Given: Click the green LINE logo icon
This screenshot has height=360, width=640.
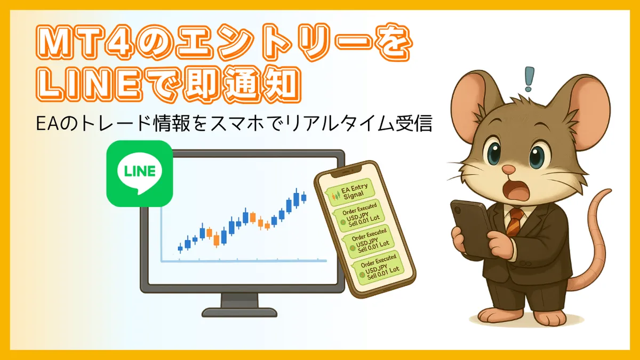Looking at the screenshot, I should click(x=139, y=173).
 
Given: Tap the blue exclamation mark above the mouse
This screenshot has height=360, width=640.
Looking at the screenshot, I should click(x=529, y=79).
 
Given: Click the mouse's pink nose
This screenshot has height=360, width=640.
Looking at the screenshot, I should click(x=509, y=170).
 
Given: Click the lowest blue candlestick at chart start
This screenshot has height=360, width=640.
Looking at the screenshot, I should click(x=180, y=248).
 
